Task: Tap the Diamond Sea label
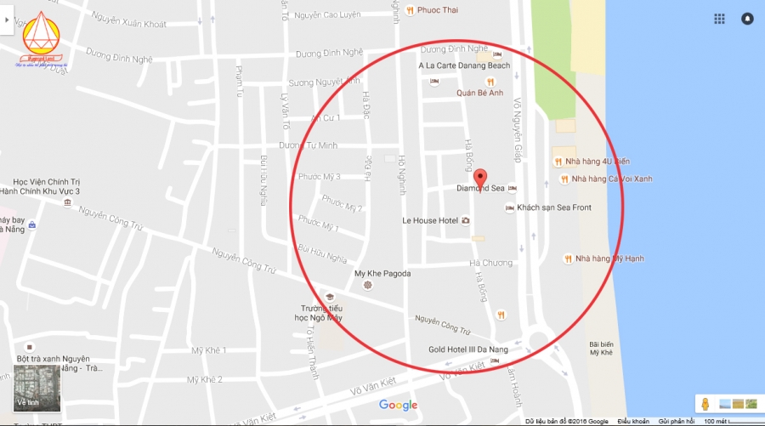(x=480, y=188)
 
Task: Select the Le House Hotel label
(x=430, y=220)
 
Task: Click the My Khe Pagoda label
(x=382, y=273)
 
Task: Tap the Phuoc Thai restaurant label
(x=438, y=10)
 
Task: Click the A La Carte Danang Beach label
(x=464, y=65)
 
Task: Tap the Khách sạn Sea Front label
(x=554, y=207)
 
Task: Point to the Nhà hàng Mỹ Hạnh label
(x=605, y=258)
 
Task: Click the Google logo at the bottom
(x=398, y=405)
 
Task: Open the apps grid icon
(x=719, y=18)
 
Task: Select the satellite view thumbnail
(x=37, y=387)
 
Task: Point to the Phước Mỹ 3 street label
(x=320, y=177)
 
